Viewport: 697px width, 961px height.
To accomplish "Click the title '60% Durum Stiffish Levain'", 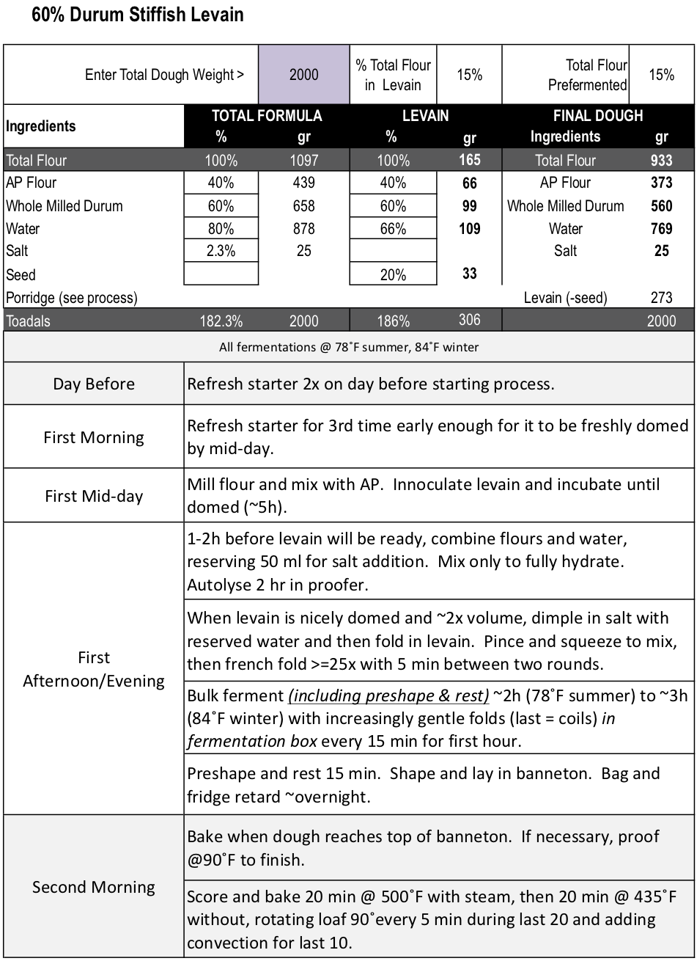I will click(x=137, y=15).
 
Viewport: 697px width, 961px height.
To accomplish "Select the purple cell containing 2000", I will click(x=303, y=74).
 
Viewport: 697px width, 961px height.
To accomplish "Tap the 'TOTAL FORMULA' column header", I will click(x=267, y=116).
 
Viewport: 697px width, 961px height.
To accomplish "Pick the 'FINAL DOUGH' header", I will click(x=597, y=116).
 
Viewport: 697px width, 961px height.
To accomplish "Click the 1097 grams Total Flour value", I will click(x=303, y=161).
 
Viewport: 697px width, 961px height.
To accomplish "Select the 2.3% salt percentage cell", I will click(x=221, y=251).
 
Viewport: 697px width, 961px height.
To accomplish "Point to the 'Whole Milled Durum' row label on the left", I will click(x=64, y=206).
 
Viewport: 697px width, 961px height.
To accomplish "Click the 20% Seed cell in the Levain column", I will click(x=393, y=274).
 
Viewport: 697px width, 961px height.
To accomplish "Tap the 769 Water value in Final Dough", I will click(x=661, y=229).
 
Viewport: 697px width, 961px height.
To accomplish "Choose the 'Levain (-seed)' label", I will click(x=565, y=298).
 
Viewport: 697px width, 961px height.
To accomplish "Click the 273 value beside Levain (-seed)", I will click(x=661, y=298).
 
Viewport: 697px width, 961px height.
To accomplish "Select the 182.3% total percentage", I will click(x=221, y=321).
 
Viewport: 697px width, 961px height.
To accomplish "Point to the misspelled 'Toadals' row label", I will click(x=29, y=321).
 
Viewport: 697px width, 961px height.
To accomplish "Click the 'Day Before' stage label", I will click(x=94, y=384).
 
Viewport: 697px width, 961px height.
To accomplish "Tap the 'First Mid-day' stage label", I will click(x=94, y=496).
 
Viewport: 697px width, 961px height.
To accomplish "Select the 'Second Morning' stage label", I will click(x=94, y=887).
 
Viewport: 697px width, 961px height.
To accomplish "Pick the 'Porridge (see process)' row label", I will click(x=72, y=298).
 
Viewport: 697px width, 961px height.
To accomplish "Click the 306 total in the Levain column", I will click(x=469, y=319).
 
